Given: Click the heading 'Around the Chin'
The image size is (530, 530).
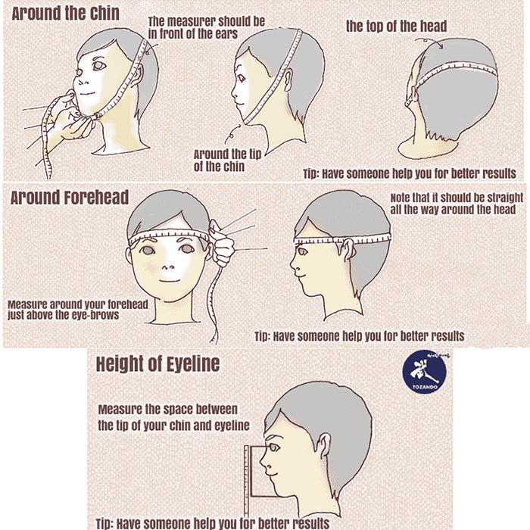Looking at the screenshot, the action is coord(66,14).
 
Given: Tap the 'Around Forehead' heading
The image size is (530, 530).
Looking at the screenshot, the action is coord(70,198).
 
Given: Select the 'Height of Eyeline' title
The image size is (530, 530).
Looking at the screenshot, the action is coord(157,364).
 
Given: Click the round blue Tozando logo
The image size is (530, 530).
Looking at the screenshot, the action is coord(425,372).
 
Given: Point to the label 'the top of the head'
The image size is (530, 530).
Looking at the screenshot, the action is coord(396,26).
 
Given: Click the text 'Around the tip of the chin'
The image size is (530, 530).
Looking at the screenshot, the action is coord(227,161).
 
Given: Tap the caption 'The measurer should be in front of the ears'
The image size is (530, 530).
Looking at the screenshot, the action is coord(207,27).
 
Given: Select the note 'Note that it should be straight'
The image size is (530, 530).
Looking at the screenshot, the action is coord(457,198).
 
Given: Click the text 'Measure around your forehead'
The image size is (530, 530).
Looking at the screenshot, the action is coord(78,304).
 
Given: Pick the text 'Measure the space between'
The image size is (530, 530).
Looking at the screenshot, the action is coord(167,410).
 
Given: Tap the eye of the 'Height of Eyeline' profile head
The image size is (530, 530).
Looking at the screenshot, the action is coord(273,448).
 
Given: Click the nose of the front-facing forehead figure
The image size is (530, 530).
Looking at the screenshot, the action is coord(168,267).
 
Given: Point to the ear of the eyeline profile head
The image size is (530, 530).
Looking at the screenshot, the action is coord(323,445).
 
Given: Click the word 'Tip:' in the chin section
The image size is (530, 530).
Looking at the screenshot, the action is coord(310,174).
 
